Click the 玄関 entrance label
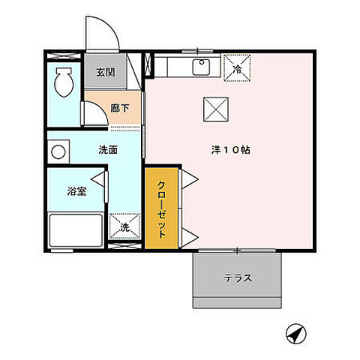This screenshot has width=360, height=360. point(104,73)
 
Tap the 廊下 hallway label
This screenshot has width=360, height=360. point(120,109)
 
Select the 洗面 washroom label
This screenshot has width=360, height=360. point(107,149)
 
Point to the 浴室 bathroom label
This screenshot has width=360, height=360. point(76,190)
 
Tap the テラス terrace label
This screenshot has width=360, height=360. point(237,278)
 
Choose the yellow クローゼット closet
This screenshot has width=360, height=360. point(162,209)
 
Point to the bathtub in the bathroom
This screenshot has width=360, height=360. point(76,229)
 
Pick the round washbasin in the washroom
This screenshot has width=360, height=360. point(58,151)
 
